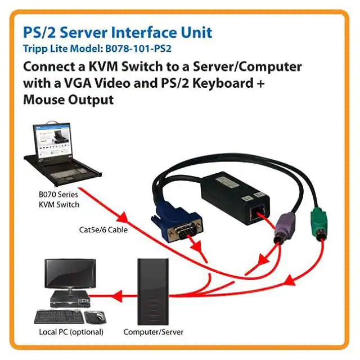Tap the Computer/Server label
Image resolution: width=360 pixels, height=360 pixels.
click(x=154, y=332)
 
